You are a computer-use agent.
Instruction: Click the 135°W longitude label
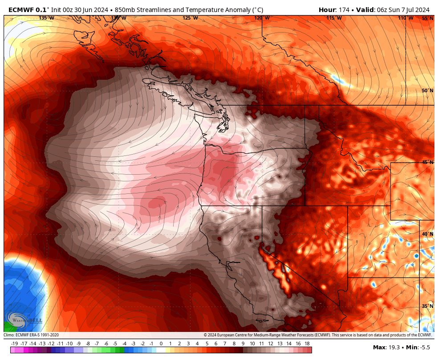click(46, 18)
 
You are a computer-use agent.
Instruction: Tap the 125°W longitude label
click(190, 18)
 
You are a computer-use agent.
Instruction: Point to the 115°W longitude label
click(334, 18)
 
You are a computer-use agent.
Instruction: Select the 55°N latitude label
click(427, 19)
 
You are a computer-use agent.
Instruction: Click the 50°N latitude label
click(427, 91)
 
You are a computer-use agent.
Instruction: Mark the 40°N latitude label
click(427, 234)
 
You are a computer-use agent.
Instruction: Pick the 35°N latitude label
click(427, 306)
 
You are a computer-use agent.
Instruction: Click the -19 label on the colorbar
click(14, 344)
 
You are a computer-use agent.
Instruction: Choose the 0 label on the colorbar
click(161, 344)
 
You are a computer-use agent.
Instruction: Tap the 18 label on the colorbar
click(307, 344)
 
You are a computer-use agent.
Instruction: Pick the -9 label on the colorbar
click(78, 344)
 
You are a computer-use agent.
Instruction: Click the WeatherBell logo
click(24, 320)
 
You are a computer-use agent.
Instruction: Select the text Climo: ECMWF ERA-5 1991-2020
click(31, 335)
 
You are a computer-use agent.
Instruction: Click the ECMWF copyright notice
click(317, 335)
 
